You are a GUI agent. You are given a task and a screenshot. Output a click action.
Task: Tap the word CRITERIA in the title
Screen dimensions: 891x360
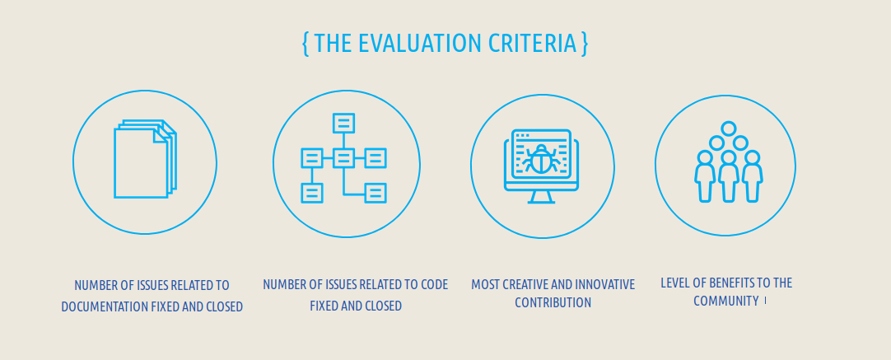tap(524, 43)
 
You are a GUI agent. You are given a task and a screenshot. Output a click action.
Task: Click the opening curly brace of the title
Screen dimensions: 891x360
tap(306, 44)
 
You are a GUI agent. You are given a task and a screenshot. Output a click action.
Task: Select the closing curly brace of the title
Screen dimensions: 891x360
tap(584, 44)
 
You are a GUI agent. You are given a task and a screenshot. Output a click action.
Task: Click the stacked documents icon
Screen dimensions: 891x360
tap(145, 159)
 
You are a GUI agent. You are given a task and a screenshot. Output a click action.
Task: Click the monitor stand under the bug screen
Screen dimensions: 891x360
tap(541, 197)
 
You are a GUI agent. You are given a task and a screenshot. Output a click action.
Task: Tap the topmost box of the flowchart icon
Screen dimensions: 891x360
tap(343, 123)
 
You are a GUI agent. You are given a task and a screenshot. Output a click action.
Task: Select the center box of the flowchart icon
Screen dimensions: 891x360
tap(343, 157)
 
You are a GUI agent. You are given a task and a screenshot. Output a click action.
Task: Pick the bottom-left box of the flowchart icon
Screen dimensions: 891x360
tap(311, 193)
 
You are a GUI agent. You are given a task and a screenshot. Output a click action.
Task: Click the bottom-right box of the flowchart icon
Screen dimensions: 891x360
tap(375, 193)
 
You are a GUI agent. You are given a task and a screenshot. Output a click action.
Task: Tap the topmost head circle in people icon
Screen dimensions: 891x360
tap(729, 129)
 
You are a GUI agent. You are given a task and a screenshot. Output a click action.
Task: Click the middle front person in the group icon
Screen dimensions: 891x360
tap(729, 176)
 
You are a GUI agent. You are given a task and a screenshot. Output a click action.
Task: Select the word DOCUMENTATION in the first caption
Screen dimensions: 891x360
tap(105, 307)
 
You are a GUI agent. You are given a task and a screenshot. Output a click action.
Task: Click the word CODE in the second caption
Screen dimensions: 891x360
tap(435, 284)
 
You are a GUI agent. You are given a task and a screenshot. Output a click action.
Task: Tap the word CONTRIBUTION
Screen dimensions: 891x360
tap(553, 302)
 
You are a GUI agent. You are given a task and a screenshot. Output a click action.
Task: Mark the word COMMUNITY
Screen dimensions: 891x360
tap(725, 301)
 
